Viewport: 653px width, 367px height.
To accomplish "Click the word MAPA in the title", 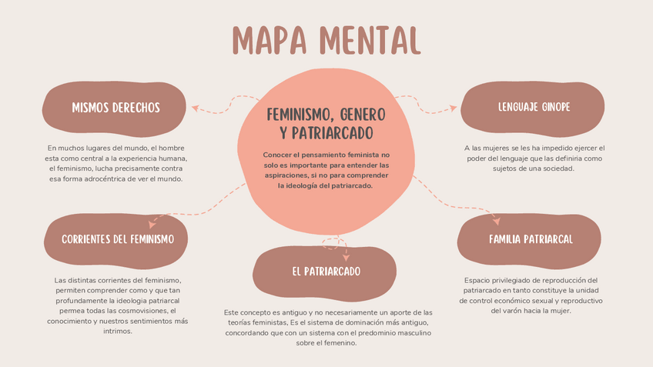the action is [x=270, y=39].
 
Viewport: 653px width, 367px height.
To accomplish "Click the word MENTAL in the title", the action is [x=369, y=39].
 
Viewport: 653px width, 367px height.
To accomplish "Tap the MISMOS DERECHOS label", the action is [x=116, y=108].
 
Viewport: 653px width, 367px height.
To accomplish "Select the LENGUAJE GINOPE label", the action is [x=534, y=107].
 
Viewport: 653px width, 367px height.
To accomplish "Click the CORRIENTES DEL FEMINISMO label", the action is [x=118, y=239].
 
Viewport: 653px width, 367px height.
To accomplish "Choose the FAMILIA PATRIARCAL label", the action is [x=531, y=239].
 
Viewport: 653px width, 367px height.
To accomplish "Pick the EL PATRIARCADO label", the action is [x=326, y=271].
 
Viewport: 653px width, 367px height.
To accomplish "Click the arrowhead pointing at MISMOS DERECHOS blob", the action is [x=195, y=107].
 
